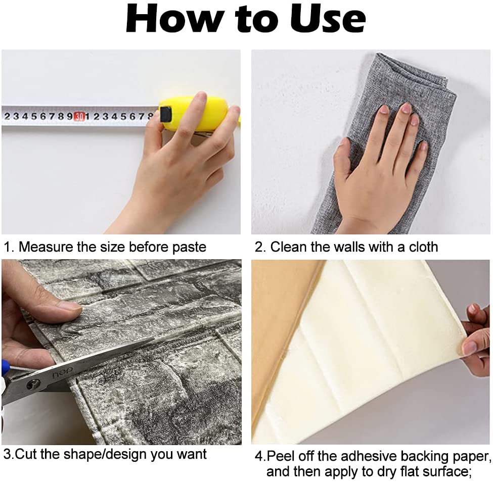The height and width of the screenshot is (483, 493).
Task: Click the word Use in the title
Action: pos(328,19)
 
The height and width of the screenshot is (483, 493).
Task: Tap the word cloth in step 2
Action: pos(423,247)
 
